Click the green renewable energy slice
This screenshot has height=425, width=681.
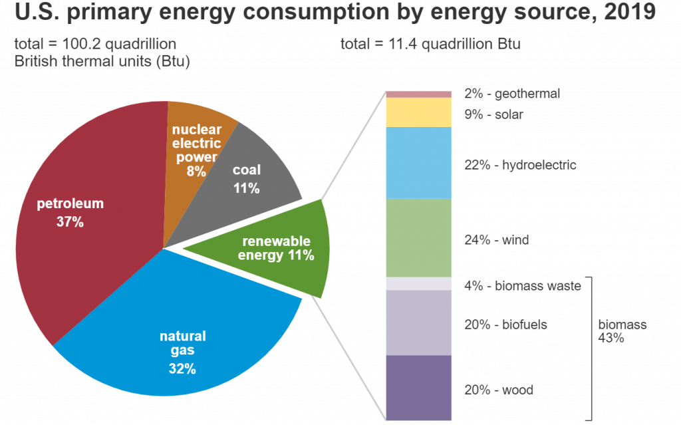click(279, 249)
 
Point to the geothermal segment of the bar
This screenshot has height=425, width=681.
click(419, 94)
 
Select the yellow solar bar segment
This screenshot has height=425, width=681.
click(419, 112)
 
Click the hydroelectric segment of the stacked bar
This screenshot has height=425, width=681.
click(419, 163)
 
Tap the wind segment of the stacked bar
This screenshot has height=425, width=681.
click(419, 238)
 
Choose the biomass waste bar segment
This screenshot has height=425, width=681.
click(419, 284)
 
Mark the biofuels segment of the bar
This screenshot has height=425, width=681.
click(419, 323)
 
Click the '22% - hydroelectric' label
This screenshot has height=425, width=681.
click(519, 165)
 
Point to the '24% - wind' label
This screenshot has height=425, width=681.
click(496, 240)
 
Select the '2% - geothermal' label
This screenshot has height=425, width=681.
click(512, 94)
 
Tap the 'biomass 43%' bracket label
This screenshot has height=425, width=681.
click(622, 331)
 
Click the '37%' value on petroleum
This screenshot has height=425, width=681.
click(70, 223)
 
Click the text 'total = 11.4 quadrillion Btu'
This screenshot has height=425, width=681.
click(430, 45)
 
